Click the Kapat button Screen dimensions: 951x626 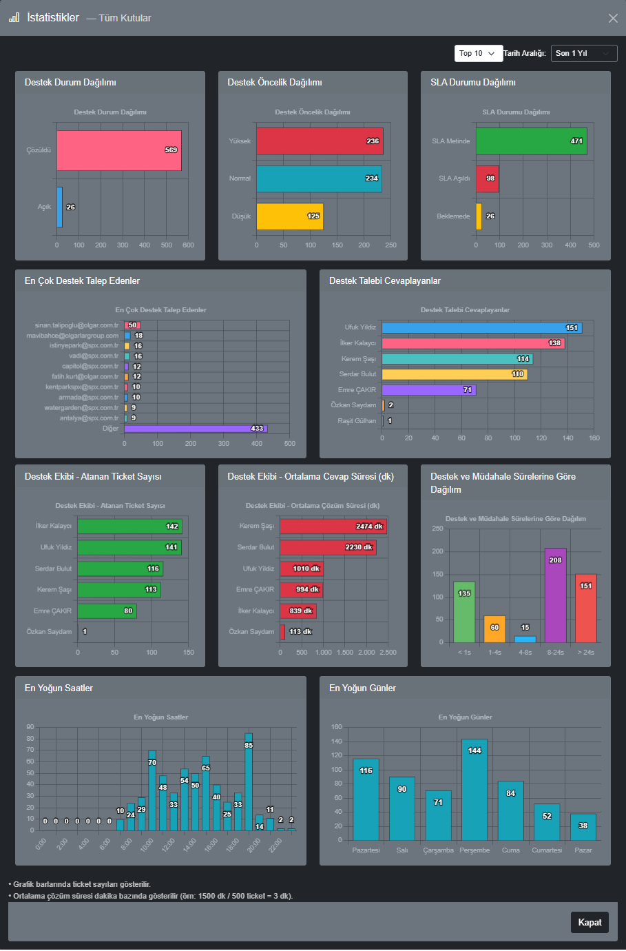(x=590, y=922)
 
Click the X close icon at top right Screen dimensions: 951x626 (x=613, y=18)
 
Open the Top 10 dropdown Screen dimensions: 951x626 (x=477, y=53)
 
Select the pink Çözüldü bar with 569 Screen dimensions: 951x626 (x=119, y=150)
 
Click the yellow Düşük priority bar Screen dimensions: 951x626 (x=290, y=216)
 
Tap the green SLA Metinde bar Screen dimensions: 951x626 (x=531, y=141)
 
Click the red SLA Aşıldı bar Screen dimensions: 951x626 (x=487, y=178)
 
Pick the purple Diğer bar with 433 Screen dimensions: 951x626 (x=195, y=429)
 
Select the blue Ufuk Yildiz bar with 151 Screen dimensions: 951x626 (x=481, y=328)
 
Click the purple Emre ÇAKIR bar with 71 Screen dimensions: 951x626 (x=428, y=390)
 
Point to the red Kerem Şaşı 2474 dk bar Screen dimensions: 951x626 (x=333, y=526)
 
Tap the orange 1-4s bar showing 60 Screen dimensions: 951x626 (x=494, y=629)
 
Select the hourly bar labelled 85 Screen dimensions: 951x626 (x=249, y=782)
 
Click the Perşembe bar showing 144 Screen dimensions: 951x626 (x=474, y=790)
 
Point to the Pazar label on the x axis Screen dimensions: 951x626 (x=583, y=850)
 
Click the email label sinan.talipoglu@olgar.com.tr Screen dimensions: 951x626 (x=76, y=325)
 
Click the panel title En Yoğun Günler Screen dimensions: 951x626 (x=362, y=688)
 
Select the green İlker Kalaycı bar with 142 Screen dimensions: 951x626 (x=129, y=526)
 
